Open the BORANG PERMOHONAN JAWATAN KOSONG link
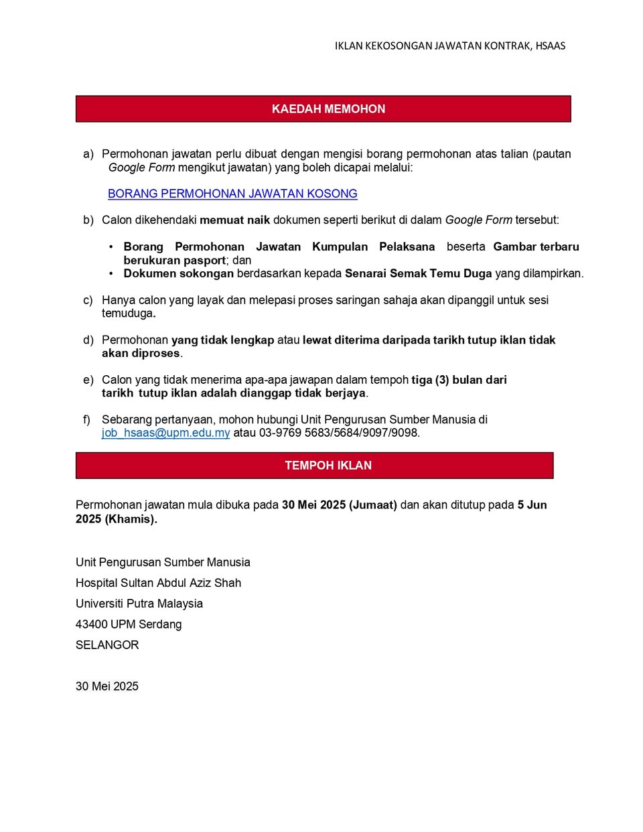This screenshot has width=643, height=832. pyautogui.click(x=232, y=194)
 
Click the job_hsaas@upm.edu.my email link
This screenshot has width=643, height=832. pyautogui.click(x=165, y=433)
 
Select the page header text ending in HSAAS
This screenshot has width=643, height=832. pyautogui.click(x=450, y=46)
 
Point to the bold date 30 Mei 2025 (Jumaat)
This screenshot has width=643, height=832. pyautogui.click(x=339, y=504)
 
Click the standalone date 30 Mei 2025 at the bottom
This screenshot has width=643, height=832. pyautogui.click(x=107, y=686)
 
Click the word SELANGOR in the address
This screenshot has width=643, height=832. pyautogui.click(x=107, y=644)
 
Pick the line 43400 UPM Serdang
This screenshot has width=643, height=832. pyautogui.click(x=129, y=624)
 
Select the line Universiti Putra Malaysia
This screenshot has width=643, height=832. pyautogui.click(x=139, y=603)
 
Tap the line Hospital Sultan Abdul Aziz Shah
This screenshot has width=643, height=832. pyautogui.click(x=158, y=583)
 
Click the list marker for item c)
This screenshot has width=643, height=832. pyautogui.click(x=88, y=300)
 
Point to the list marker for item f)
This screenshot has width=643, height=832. pyautogui.click(x=86, y=419)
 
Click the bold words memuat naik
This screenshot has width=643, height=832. pyautogui.click(x=234, y=220)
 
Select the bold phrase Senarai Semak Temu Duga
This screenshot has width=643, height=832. pyautogui.click(x=418, y=273)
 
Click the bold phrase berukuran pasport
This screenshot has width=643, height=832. pyautogui.click(x=174, y=260)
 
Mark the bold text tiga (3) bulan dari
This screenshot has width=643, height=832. pyautogui.click(x=459, y=380)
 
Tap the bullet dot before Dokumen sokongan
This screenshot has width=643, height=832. pyautogui.click(x=111, y=273)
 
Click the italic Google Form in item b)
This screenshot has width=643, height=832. pyautogui.click(x=478, y=220)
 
